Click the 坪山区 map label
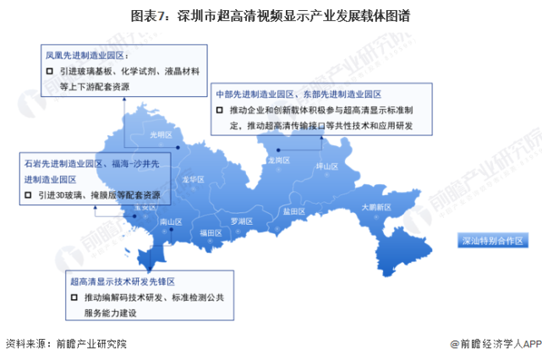[327, 166]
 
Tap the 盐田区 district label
[294, 211]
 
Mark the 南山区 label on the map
[172, 221]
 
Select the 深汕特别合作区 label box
[492, 240]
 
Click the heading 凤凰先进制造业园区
[87, 56]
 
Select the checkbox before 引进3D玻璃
[29, 194]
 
